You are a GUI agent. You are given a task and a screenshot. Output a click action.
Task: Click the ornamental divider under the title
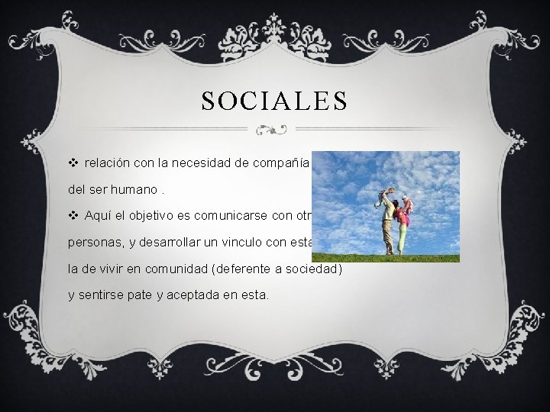pos(274,130)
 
